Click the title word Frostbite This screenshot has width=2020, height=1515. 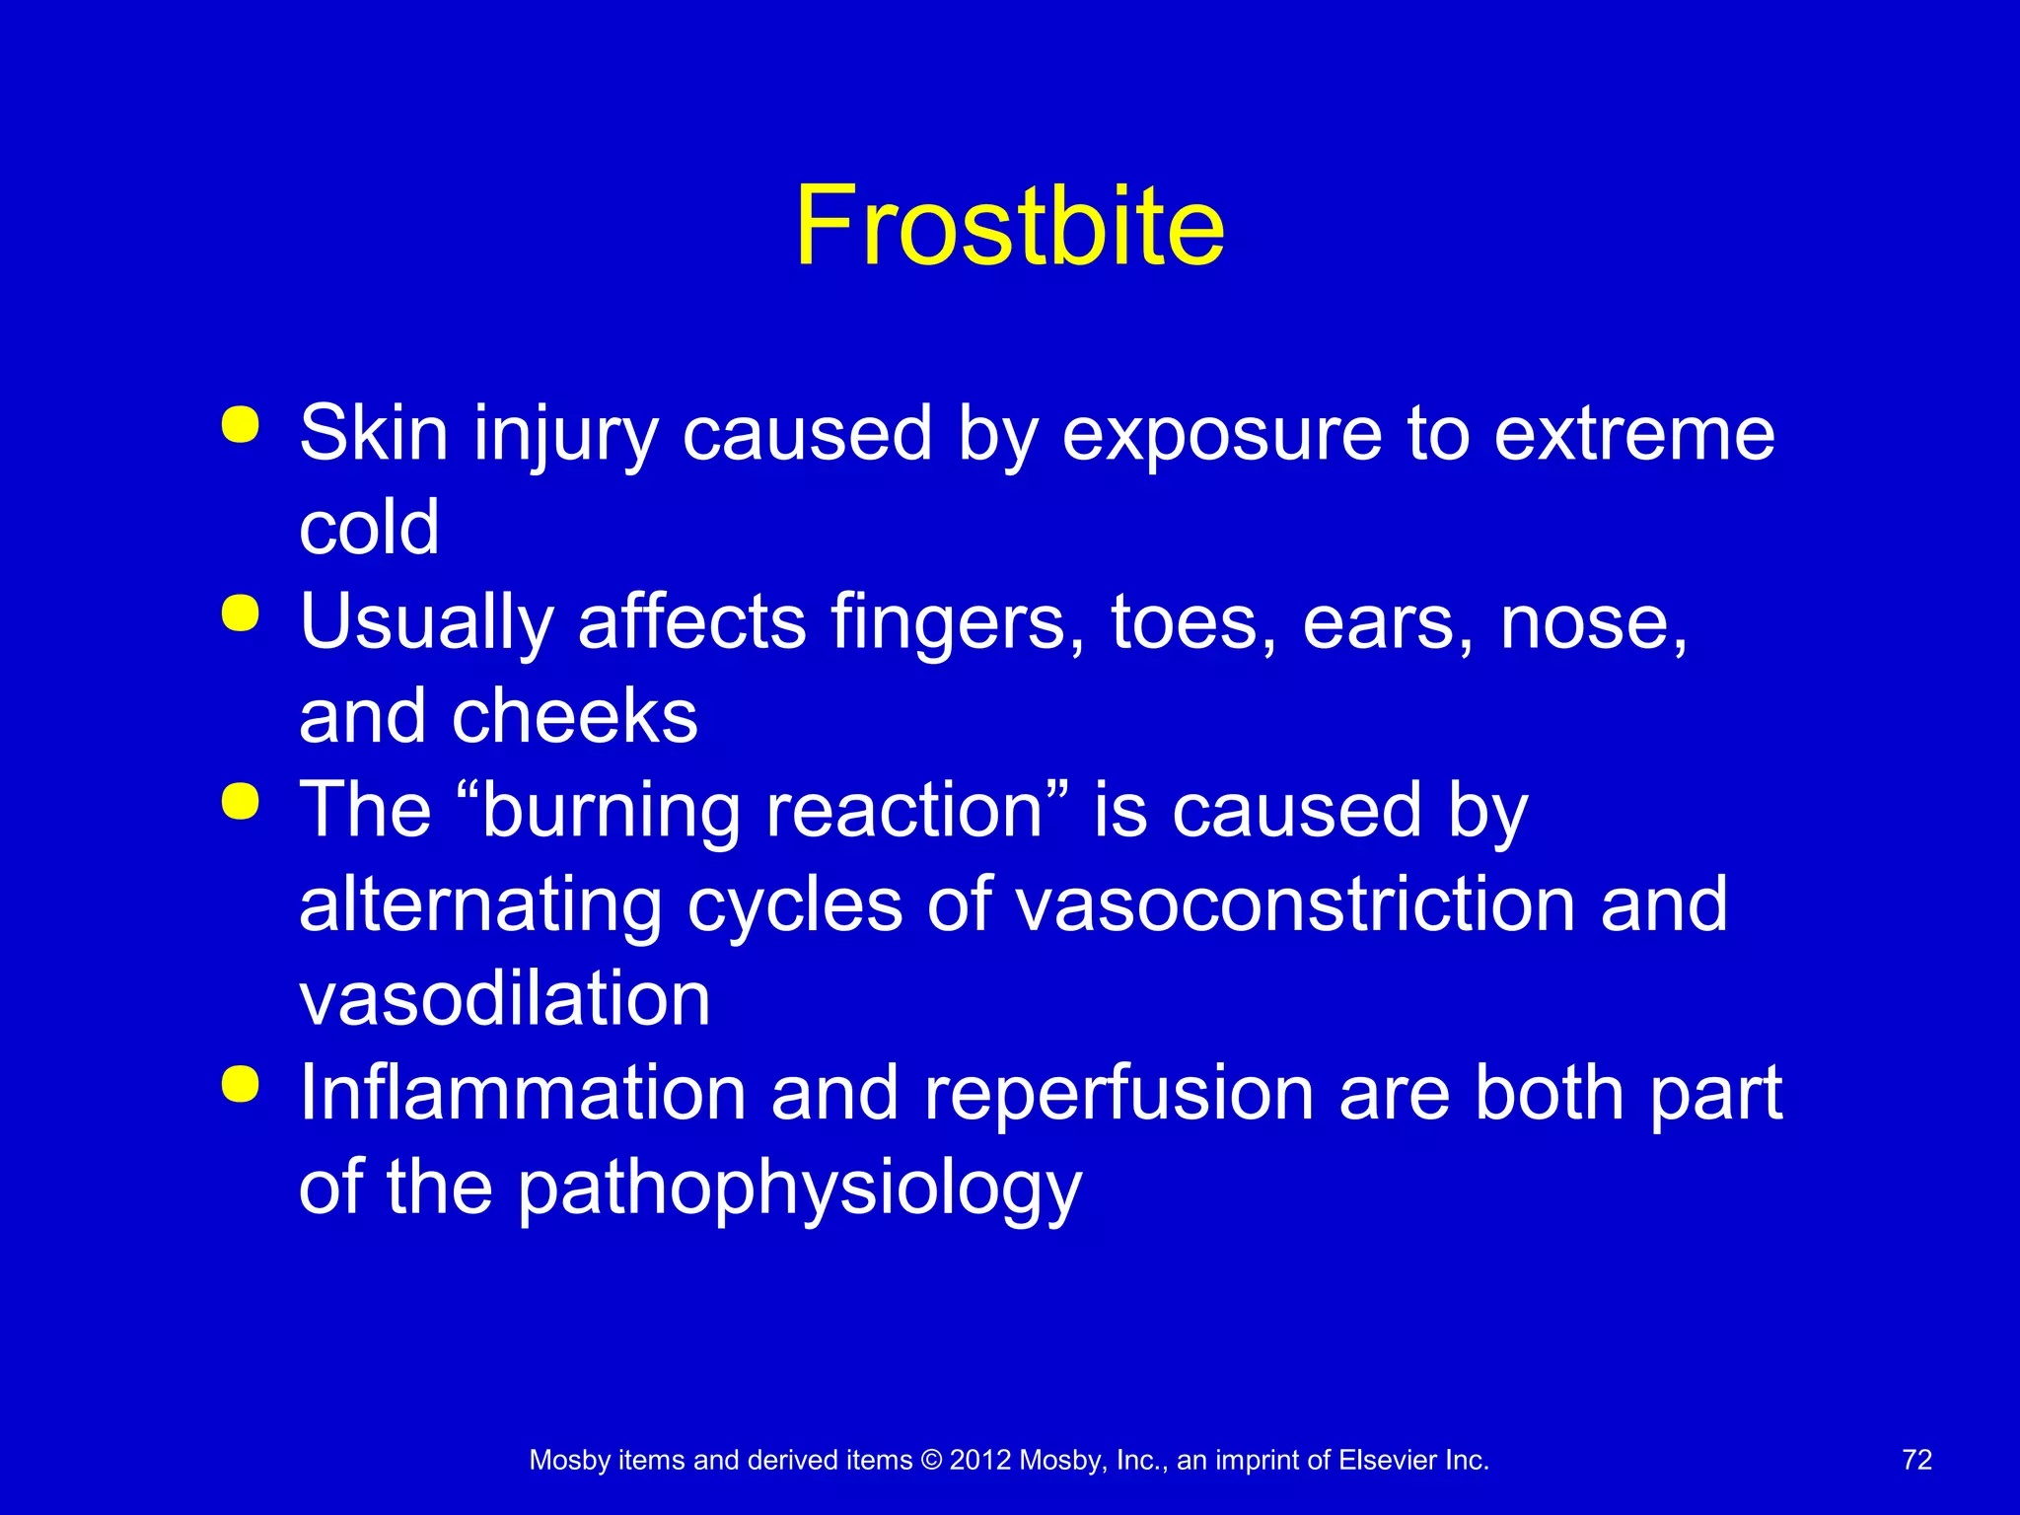1009,226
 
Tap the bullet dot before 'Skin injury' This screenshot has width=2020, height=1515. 241,425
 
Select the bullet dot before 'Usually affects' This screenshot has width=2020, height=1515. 241,613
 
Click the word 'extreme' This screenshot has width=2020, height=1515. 1634,434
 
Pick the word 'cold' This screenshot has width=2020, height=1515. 369,528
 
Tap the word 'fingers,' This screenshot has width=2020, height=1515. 958,622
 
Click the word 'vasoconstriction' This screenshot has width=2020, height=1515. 1295,904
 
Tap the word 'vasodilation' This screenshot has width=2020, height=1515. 505,999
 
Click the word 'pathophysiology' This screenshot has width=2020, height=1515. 800,1190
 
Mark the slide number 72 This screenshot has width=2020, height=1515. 1916,1460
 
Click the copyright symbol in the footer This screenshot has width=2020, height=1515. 931,1461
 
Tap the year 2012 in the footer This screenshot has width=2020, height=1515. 980,1461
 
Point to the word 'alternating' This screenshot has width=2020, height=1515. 480,904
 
